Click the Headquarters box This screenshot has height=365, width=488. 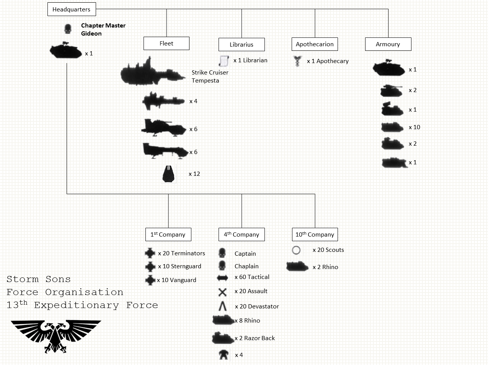[x=72, y=9]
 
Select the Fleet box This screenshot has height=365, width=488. [x=166, y=43]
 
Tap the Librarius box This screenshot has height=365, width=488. [x=242, y=44]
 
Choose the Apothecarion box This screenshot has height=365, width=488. [x=315, y=44]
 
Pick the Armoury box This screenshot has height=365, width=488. [x=388, y=44]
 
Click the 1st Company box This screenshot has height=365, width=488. [x=168, y=234]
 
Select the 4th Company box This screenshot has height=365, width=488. [x=242, y=234]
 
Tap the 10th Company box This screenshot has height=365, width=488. [x=315, y=234]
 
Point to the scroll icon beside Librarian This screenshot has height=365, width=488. [x=224, y=60]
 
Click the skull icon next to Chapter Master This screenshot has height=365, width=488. [x=68, y=29]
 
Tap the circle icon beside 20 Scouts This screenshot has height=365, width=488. [x=296, y=250]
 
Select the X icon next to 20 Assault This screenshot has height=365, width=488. [x=222, y=292]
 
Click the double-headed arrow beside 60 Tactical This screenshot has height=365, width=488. [x=222, y=278]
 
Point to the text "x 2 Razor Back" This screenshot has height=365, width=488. [x=255, y=338]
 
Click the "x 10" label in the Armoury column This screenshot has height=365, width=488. [x=414, y=127]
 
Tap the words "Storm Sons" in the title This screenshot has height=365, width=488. [x=39, y=279]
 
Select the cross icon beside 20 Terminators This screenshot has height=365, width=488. [x=150, y=253]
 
